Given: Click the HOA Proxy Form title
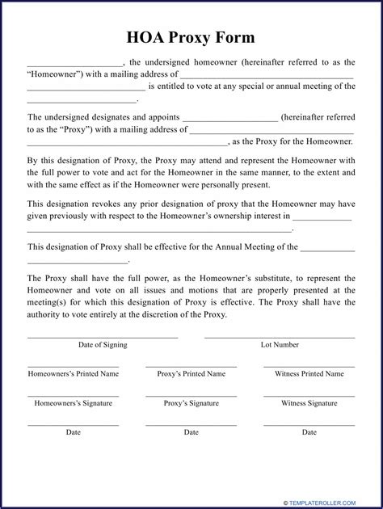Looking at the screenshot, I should click(x=191, y=37).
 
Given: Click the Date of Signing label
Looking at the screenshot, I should click(x=103, y=344).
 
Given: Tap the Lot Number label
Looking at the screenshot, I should click(x=280, y=344).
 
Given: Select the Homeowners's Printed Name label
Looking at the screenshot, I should click(x=74, y=374).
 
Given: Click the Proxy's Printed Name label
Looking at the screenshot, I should click(x=191, y=374).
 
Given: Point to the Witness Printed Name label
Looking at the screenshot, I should click(x=309, y=374).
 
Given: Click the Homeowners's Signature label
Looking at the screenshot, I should click(x=74, y=403).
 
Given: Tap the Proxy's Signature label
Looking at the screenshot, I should click(x=191, y=403).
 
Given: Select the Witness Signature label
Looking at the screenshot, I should click(x=309, y=403).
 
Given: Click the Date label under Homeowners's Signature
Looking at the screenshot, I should click(x=74, y=432).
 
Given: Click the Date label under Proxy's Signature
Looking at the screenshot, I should click(x=191, y=432).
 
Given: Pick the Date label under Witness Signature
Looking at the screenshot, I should click(x=309, y=432).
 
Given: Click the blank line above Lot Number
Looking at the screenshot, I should click(x=280, y=337).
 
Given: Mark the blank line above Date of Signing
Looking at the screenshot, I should click(x=103, y=337).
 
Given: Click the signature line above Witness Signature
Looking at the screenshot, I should click(x=309, y=396).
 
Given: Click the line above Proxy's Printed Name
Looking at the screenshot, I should click(x=191, y=367).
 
